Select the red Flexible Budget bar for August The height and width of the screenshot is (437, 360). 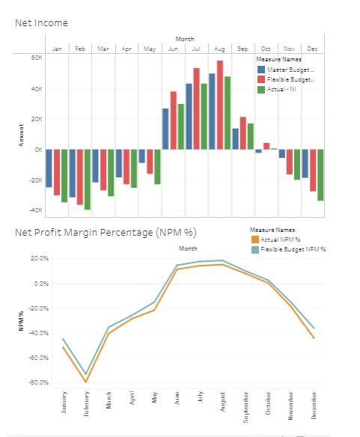[220, 105]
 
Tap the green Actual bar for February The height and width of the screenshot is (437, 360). [88, 179]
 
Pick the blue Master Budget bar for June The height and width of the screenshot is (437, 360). [165, 129]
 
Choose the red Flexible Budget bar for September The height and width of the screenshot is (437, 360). [243, 132]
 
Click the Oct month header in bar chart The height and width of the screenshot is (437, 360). [266, 49]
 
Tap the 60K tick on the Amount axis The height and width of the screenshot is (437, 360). [37, 57]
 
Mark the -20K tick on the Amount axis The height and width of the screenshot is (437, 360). [35, 180]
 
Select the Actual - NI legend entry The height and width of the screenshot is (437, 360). [283, 89]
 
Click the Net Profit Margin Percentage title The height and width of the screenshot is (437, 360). [106, 231]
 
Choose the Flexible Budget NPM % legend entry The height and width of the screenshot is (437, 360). [291, 248]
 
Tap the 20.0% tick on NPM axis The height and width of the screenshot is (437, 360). [39, 259]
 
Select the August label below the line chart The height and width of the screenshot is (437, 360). [223, 401]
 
